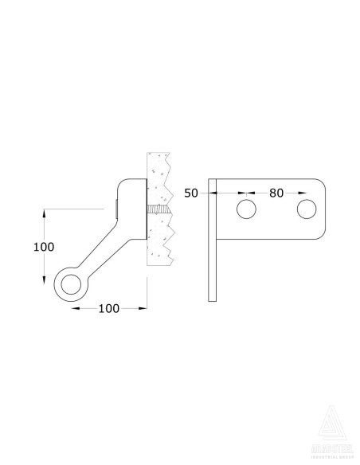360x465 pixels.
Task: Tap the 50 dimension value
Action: [191, 193]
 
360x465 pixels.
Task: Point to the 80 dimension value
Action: [276, 193]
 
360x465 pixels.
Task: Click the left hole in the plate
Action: [246, 209]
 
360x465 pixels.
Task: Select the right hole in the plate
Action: [306, 209]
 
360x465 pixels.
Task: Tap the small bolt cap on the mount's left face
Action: [116, 209]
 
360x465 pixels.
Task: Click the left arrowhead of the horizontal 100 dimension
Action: [73, 307]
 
